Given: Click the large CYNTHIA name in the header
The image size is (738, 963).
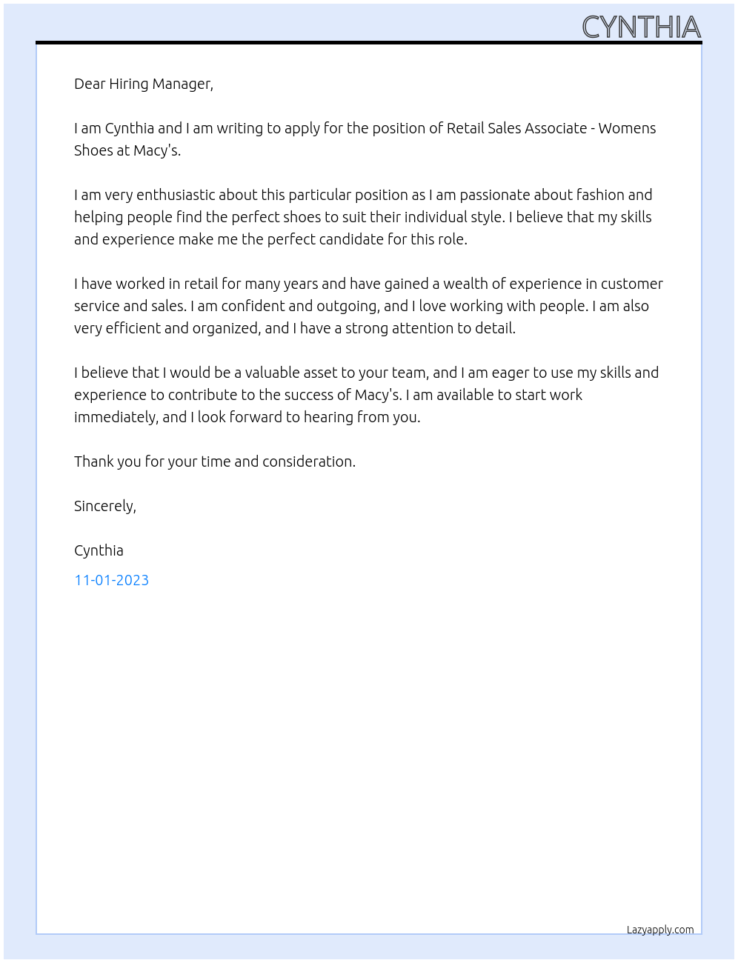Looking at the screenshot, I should tap(641, 27).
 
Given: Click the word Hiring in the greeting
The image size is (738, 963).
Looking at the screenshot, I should tap(128, 84).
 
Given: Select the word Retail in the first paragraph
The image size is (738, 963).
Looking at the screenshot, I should tap(465, 128).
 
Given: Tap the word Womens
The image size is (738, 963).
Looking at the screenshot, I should tap(627, 128).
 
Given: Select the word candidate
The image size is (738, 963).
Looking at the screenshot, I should tap(351, 239).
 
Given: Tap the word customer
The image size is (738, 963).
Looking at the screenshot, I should tap(631, 284).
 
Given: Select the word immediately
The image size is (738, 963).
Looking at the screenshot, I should tap(116, 417).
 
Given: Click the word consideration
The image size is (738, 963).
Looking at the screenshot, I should tap(308, 461).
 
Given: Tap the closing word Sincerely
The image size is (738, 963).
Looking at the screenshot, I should tap(104, 506).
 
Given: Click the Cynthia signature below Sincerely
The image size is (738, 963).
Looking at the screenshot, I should tap(99, 550).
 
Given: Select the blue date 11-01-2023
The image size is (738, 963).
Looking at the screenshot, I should tap(111, 580).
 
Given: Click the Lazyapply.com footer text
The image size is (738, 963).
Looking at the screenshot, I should tap(660, 930).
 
